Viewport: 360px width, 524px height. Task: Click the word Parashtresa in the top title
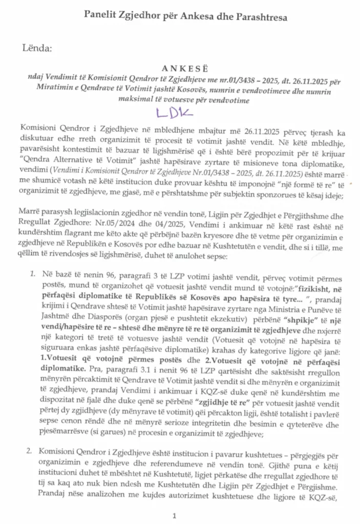(x=256, y=17)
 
